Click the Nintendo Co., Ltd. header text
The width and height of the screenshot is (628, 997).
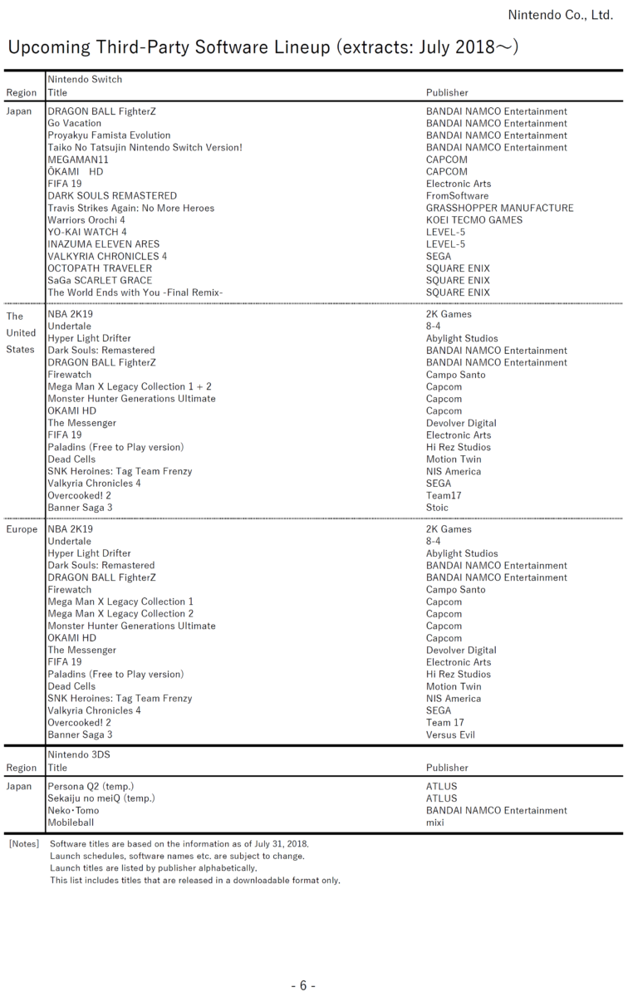tap(560, 15)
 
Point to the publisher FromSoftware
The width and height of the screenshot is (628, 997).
tap(458, 196)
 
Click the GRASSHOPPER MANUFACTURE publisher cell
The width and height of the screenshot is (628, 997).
tap(500, 208)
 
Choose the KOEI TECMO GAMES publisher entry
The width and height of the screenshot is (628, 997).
tap(474, 220)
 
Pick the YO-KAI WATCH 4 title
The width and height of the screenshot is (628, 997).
tap(87, 232)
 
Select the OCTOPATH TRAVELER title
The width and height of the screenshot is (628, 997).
tap(100, 268)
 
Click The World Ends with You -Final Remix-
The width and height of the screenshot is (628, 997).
tap(135, 292)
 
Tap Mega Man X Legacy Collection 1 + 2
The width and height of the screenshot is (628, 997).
tap(130, 386)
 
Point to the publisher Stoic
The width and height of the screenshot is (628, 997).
tap(437, 508)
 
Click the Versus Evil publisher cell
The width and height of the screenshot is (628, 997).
tap(451, 734)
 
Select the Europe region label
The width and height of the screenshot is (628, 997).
tap(22, 529)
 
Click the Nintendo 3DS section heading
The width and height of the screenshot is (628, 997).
tap(79, 754)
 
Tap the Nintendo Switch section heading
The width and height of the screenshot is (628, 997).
tap(85, 80)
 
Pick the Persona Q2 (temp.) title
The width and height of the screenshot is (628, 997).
tap(91, 786)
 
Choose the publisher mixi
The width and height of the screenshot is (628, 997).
tap(435, 823)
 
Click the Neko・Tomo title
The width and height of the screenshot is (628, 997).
tap(73, 810)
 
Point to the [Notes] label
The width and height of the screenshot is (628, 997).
tap(23, 843)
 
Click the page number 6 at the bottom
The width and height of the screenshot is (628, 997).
tap(303, 985)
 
